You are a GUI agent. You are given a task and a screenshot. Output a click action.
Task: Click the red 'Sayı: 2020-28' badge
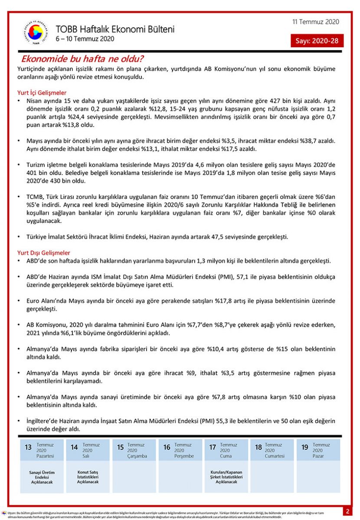click(x=317, y=41)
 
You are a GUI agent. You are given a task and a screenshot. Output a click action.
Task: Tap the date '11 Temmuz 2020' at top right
click(x=316, y=22)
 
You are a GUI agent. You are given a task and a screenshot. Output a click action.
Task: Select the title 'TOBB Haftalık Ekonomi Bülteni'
click(x=115, y=29)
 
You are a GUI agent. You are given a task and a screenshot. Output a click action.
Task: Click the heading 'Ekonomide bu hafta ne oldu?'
click(x=83, y=58)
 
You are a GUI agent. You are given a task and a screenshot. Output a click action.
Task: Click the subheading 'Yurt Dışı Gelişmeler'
click(x=44, y=253)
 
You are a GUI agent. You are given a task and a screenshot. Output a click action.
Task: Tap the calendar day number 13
click(x=28, y=448)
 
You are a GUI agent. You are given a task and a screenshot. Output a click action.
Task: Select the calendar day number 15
click(x=121, y=448)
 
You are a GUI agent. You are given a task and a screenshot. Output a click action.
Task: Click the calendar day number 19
click(x=305, y=448)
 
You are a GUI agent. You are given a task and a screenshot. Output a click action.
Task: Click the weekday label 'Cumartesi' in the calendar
click(x=274, y=456)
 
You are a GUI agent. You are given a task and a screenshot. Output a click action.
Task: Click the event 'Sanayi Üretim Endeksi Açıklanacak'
click(x=42, y=477)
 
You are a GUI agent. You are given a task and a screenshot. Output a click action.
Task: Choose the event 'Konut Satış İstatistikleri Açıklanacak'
click(x=88, y=477)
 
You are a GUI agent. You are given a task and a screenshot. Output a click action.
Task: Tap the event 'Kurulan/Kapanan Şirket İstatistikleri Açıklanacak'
click(x=226, y=477)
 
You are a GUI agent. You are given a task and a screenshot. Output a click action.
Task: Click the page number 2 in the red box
click(x=347, y=511)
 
